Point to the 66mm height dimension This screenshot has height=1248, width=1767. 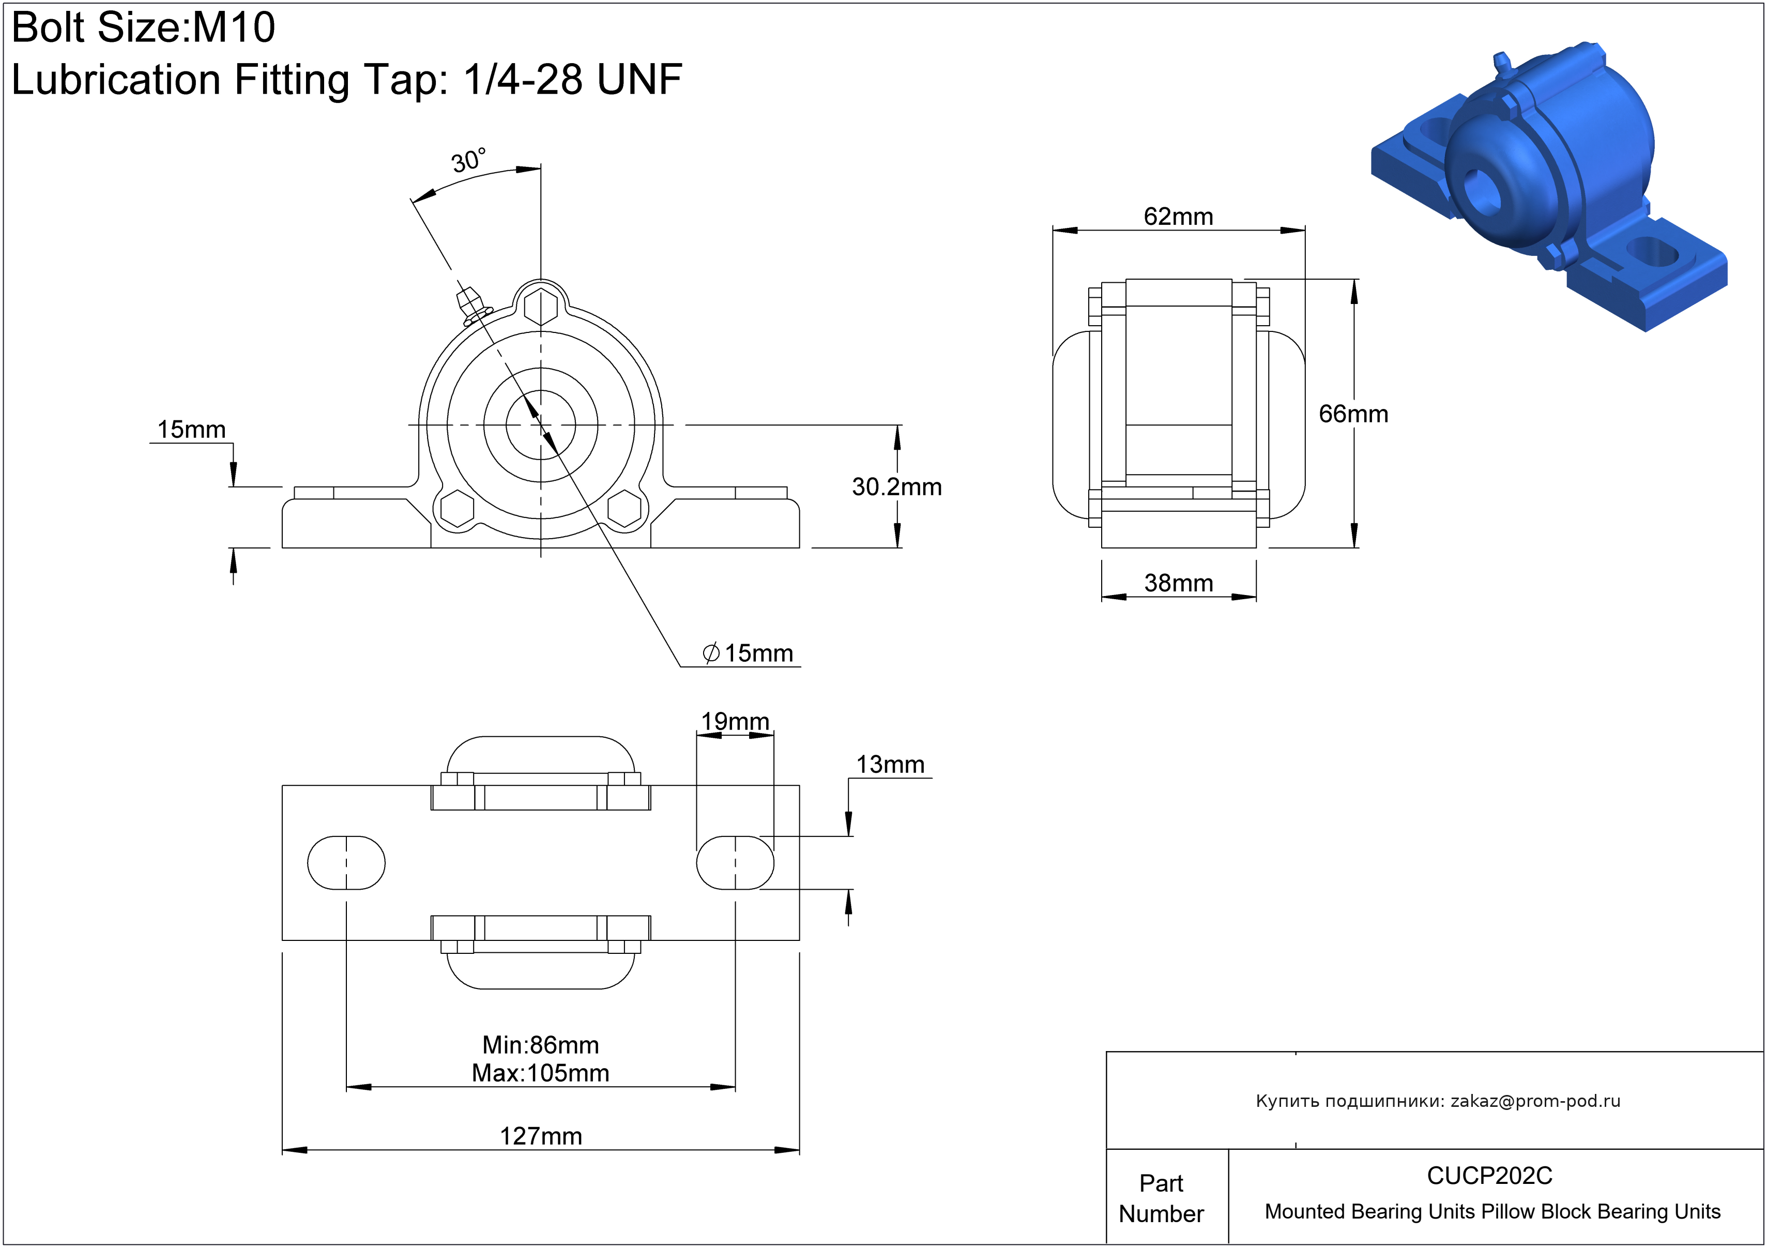point(1353,414)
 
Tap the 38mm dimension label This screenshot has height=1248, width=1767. point(1178,583)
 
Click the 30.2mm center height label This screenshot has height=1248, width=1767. point(896,487)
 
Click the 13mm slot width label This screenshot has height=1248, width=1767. point(890,765)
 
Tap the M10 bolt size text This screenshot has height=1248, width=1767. point(233,28)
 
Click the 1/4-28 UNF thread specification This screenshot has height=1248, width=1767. point(573,79)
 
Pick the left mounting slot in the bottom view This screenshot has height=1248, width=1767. point(346,862)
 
